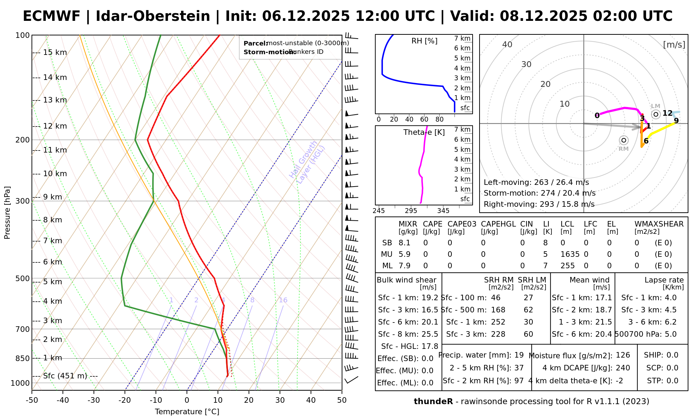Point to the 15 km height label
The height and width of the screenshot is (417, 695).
(x=55, y=52)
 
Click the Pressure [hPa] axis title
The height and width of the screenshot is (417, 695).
(x=7, y=213)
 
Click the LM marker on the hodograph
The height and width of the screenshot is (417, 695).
(x=656, y=114)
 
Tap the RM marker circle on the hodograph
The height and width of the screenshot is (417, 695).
(x=624, y=140)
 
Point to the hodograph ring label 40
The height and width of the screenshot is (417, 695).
(x=507, y=44)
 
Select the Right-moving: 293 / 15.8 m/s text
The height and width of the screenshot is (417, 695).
(x=539, y=204)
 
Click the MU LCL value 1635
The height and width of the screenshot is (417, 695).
(x=570, y=254)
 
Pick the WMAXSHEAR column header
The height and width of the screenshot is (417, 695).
(x=659, y=224)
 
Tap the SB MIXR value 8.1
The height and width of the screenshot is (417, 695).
(x=404, y=243)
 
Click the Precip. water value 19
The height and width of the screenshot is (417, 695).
(x=519, y=355)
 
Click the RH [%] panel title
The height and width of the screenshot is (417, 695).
(x=424, y=41)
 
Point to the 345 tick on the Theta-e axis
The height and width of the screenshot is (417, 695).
(x=443, y=211)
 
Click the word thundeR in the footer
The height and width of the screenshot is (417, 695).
(x=433, y=402)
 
